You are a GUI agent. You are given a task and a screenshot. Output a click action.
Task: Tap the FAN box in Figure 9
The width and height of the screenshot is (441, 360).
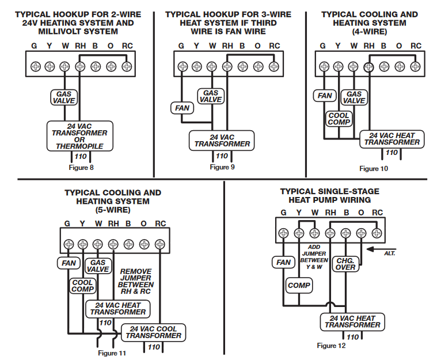(181, 108)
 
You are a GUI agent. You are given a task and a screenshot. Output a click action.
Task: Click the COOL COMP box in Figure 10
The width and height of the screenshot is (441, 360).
(339, 119)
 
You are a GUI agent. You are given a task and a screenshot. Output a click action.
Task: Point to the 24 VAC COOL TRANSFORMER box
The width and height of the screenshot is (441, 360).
(153, 332)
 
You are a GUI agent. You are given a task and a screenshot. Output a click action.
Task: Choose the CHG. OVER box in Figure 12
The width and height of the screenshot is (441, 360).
(345, 264)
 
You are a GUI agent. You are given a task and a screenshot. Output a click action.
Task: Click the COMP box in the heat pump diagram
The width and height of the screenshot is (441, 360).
(299, 285)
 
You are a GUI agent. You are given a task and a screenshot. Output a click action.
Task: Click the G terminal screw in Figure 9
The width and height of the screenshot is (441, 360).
(182, 66)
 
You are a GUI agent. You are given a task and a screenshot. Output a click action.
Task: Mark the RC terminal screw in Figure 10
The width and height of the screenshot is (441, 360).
(415, 66)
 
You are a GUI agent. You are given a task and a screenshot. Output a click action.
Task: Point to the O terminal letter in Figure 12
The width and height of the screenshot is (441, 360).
(361, 213)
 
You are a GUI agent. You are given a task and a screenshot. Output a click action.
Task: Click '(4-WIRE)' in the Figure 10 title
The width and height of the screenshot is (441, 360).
(369, 32)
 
